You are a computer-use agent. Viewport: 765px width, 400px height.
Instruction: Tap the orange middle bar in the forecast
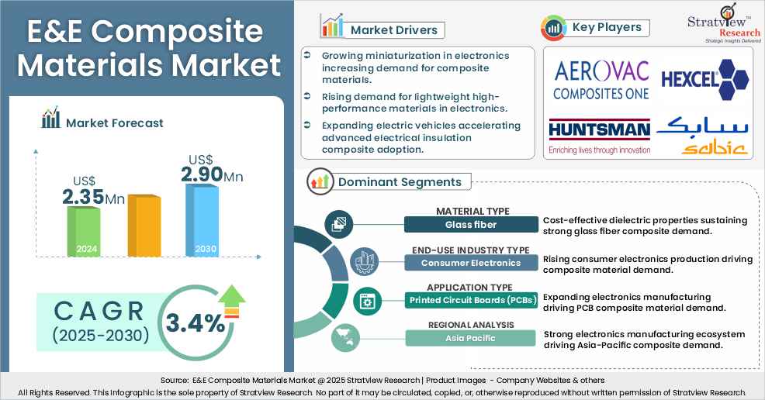point(144,226)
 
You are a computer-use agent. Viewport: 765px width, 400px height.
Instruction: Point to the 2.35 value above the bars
point(83,197)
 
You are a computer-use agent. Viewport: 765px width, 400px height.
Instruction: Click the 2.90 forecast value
point(201,174)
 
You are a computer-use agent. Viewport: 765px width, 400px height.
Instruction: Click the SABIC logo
point(702,136)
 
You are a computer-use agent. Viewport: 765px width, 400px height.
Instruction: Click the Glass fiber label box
point(472,225)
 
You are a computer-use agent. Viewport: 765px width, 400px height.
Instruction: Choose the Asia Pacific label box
point(472,338)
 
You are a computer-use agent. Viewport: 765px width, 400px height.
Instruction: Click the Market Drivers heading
point(393,30)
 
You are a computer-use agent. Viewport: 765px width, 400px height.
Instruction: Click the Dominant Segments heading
point(399,182)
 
